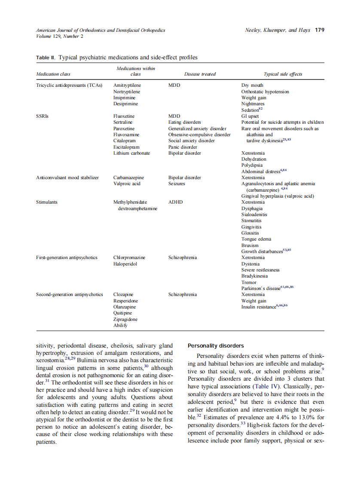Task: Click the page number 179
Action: pyautogui.click(x=319, y=30)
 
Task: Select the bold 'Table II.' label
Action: pyautogui.click(x=46, y=58)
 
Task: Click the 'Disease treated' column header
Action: pyautogui.click(x=200, y=74)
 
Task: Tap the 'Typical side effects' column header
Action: pyautogui.click(x=283, y=74)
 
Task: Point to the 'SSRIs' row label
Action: pyautogui.click(x=42, y=116)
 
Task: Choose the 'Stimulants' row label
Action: pyautogui.click(x=47, y=202)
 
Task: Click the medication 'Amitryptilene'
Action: pyautogui.click(x=127, y=85)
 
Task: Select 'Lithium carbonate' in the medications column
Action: pyautogui.click(x=131, y=153)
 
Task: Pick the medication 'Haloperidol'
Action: pyautogui.click(x=125, y=264)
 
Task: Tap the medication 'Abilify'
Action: pyautogui.click(x=120, y=325)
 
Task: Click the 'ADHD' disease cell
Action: pyautogui.click(x=175, y=202)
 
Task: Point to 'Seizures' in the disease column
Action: pyautogui.click(x=177, y=183)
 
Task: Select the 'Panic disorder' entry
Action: pyautogui.click(x=183, y=147)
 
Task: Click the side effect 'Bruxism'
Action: pyautogui.click(x=250, y=245)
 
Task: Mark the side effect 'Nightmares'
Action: pyautogui.click(x=253, y=104)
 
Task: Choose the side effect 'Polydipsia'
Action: pyautogui.click(x=252, y=165)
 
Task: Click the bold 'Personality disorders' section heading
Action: pyautogui.click(x=216, y=345)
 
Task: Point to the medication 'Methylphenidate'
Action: pyautogui.click(x=130, y=202)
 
